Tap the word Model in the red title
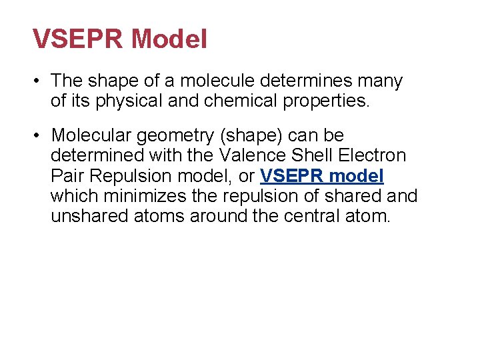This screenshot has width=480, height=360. click(169, 39)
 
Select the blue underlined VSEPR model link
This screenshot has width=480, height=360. click(322, 176)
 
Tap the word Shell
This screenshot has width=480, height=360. click(313, 155)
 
